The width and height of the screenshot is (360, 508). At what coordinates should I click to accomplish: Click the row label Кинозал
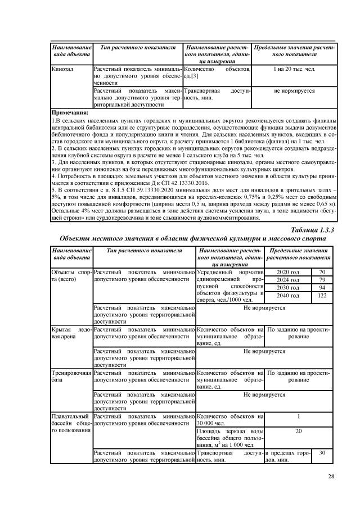point(61,69)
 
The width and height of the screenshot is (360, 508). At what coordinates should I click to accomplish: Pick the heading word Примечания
point(70,112)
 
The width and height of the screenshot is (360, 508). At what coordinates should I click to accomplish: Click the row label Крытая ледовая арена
point(70,332)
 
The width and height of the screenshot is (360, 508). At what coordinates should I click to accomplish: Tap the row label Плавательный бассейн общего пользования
point(70,423)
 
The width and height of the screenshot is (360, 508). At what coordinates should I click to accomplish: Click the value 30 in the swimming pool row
point(322,452)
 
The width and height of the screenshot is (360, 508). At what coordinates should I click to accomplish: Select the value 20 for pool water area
point(299,431)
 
